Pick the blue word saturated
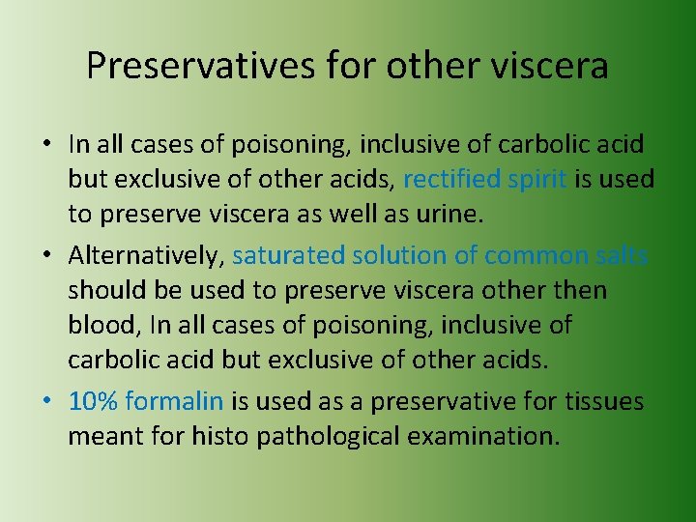click(x=289, y=255)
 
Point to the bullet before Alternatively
click(x=47, y=256)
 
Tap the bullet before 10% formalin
click(x=47, y=402)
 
